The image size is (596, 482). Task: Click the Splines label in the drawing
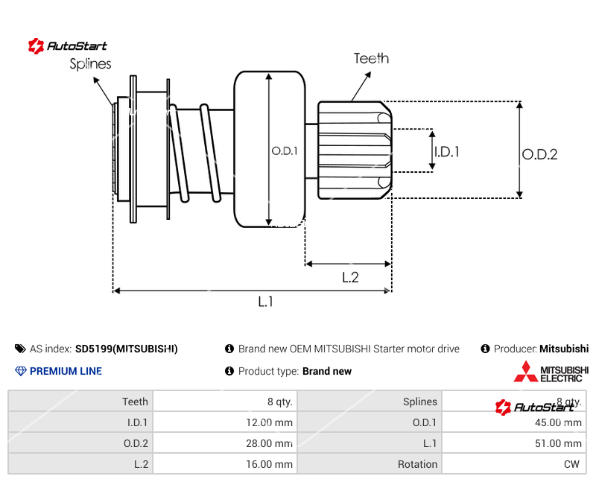90,64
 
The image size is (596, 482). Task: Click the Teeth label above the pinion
371,58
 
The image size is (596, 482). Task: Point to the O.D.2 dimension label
539,154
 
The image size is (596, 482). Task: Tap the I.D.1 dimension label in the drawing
447,151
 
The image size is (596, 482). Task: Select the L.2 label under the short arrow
350,277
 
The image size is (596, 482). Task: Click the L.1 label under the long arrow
266,302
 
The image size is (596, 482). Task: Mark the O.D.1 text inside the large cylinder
285,150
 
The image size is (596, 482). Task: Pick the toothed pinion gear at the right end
355,150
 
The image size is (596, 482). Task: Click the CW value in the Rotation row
572,464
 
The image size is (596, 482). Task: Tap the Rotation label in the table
417,464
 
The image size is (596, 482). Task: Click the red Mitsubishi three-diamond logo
525,371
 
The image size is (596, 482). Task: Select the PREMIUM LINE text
66,371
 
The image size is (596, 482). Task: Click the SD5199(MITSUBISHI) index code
127,349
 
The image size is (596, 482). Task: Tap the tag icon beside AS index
20,349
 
